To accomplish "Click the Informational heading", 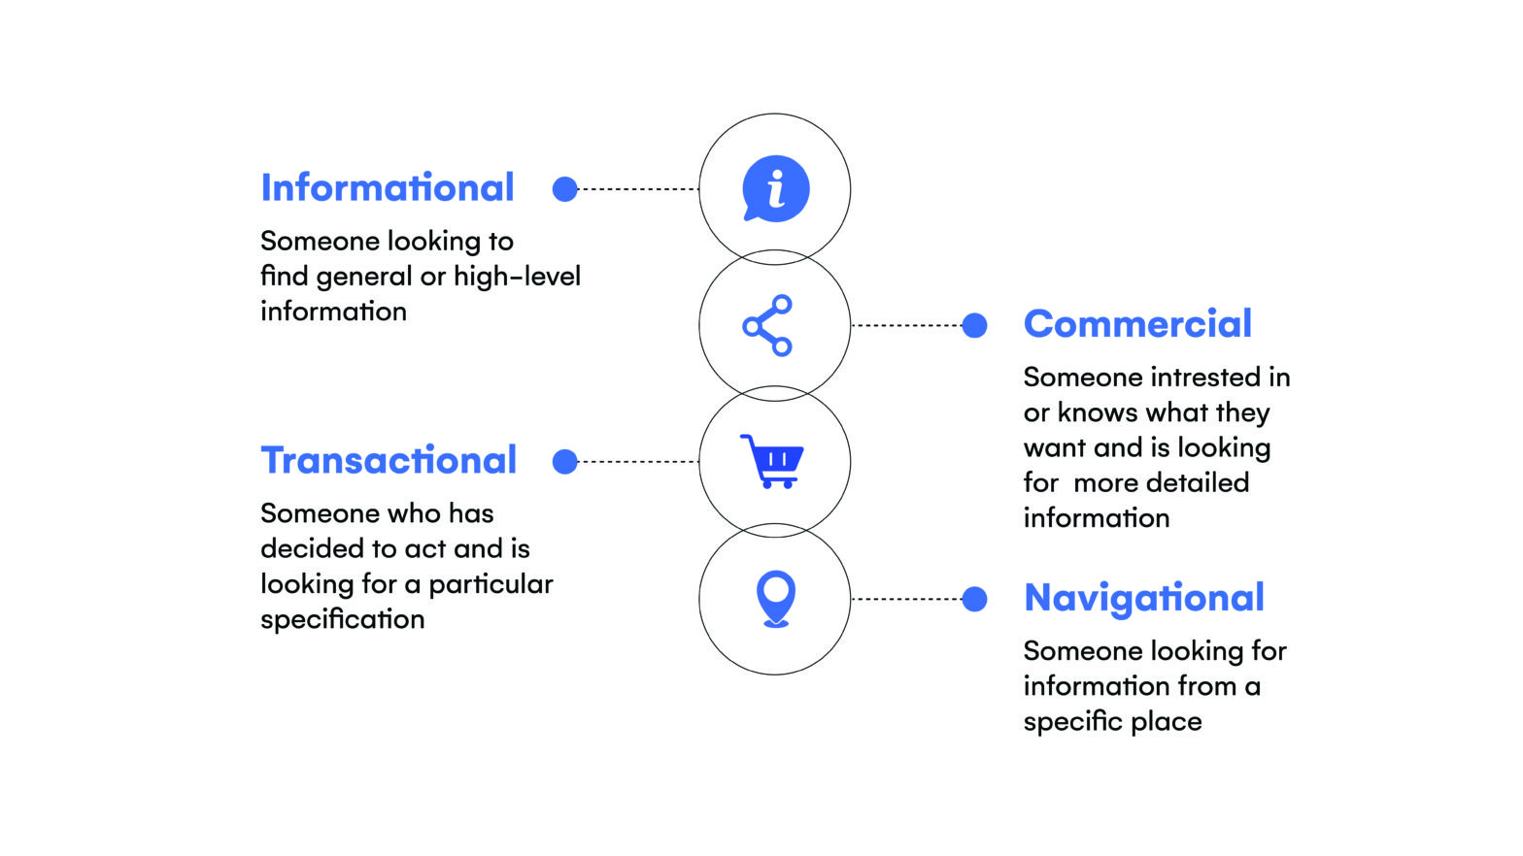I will (x=387, y=188).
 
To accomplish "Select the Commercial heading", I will (x=1137, y=324).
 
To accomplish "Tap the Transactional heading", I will (x=389, y=461).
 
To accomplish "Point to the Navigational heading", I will (x=1144, y=598).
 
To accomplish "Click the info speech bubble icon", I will (x=775, y=188).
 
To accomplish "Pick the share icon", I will (x=768, y=326).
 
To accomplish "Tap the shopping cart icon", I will (x=772, y=461).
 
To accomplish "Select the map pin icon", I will (x=775, y=598).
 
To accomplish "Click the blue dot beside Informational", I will (x=564, y=189).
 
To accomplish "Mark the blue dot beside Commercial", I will (x=974, y=326).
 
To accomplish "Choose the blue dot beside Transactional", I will (x=564, y=462).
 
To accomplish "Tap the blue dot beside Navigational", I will (x=974, y=599).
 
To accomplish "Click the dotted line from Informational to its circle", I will (x=637, y=189).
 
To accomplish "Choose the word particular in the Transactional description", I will (x=491, y=584).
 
